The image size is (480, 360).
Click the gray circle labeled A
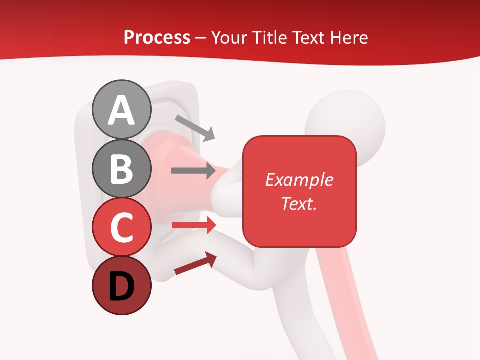121,109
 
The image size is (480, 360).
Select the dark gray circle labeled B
121,168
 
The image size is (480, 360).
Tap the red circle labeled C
121,227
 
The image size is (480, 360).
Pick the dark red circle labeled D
121,286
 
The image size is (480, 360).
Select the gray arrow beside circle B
193,171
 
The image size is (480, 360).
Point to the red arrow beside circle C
193,225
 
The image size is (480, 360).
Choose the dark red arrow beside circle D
195,263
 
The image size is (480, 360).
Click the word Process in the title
157,38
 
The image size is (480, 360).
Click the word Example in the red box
299,180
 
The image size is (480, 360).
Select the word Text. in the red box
299,203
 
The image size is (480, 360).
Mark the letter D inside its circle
121,286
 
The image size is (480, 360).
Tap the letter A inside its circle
121,110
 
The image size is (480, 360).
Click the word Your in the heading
229,38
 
